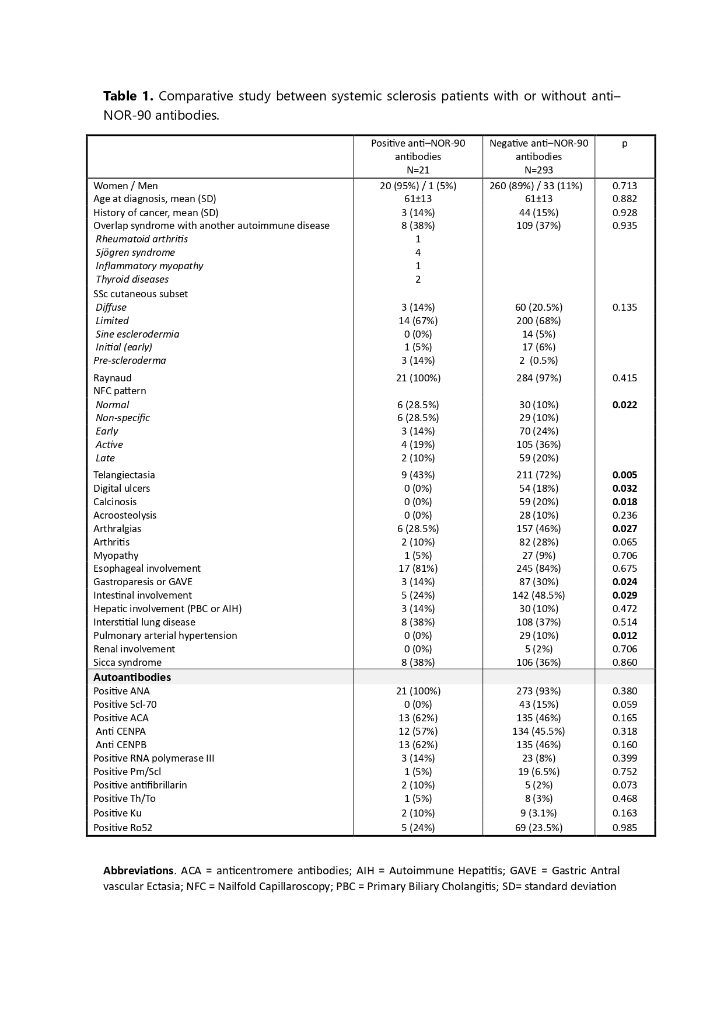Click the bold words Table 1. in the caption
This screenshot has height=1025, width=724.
[x=128, y=96]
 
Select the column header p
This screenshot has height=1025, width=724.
[x=624, y=144]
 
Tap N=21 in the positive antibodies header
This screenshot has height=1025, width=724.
[x=418, y=170]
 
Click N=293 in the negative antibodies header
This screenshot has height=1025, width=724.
[x=538, y=170]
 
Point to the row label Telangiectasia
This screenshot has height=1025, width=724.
[x=124, y=475]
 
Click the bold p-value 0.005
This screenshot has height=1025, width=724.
[x=624, y=475]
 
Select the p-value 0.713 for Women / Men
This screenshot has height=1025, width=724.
[x=624, y=186]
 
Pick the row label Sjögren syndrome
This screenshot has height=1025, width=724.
[x=135, y=252]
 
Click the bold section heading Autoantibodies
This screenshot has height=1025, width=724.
[x=132, y=677]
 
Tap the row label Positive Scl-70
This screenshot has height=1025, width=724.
[x=125, y=704]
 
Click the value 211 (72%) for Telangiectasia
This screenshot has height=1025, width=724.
[x=538, y=475]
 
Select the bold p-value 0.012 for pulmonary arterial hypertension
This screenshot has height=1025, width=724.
[x=624, y=635]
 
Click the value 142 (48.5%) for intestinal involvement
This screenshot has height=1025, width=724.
[x=538, y=595]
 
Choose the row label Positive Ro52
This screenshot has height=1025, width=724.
[x=123, y=828]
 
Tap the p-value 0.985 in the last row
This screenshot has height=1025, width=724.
[x=624, y=828]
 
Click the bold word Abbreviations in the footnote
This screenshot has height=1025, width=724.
[x=138, y=871]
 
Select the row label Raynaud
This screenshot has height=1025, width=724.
[x=113, y=378]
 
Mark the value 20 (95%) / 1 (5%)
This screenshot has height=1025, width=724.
[x=418, y=186]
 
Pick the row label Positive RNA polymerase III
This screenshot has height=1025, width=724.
[x=154, y=758]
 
